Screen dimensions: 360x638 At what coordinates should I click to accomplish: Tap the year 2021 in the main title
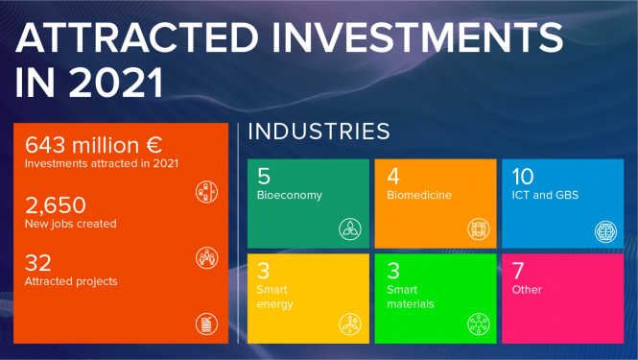(x=114, y=82)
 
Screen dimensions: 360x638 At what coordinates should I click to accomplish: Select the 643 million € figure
(x=94, y=146)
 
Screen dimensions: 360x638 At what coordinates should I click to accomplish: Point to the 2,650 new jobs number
(x=56, y=204)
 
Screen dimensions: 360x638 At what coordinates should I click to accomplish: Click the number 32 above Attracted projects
(x=38, y=263)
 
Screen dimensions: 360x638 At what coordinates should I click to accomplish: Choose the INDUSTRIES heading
(x=319, y=132)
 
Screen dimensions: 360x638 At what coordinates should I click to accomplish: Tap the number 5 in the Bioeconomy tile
(x=264, y=177)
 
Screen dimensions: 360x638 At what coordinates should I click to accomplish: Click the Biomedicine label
(x=419, y=195)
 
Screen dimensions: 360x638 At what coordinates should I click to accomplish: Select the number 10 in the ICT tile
(x=523, y=177)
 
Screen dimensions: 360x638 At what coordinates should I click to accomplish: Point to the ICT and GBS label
(x=545, y=195)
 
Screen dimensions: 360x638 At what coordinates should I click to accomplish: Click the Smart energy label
(x=274, y=297)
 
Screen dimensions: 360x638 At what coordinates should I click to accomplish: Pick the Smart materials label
(x=410, y=297)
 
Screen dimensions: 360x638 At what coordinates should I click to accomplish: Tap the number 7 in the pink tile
(x=518, y=270)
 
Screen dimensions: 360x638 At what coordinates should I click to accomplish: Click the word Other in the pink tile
(x=527, y=289)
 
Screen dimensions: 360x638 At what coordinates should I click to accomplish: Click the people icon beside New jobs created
(x=206, y=256)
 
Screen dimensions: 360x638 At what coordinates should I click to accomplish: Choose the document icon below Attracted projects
(x=206, y=323)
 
